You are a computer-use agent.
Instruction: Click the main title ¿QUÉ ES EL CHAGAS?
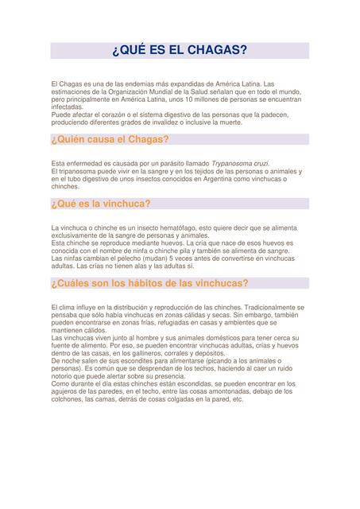(180, 52)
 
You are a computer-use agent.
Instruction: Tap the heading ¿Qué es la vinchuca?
(100, 204)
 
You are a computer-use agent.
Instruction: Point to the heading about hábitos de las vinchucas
(149, 282)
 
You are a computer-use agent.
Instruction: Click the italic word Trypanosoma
(234, 163)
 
